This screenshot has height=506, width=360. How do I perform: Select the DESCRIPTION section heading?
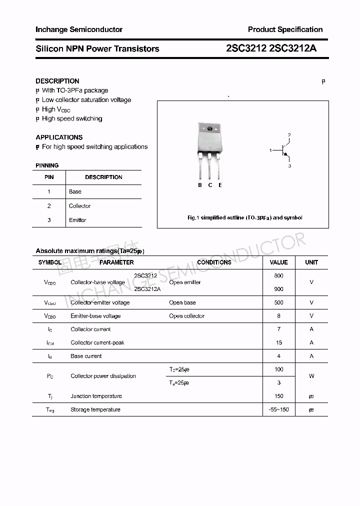(x=57, y=81)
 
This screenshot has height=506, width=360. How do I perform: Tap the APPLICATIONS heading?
(x=59, y=137)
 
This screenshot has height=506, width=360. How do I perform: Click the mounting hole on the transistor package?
(x=209, y=129)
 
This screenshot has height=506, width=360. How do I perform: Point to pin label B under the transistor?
(x=199, y=185)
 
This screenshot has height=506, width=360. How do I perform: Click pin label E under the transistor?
(x=220, y=185)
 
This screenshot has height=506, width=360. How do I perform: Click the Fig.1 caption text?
(x=244, y=218)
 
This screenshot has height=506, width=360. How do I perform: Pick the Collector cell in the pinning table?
(x=80, y=206)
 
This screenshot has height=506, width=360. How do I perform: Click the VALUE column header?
(x=278, y=262)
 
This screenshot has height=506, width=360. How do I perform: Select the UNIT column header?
(x=311, y=262)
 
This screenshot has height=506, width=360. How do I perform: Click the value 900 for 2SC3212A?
(x=278, y=289)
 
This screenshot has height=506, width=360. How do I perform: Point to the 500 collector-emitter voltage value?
(x=278, y=302)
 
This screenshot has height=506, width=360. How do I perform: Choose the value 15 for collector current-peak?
(x=278, y=342)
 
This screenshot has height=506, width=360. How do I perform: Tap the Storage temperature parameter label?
(x=95, y=409)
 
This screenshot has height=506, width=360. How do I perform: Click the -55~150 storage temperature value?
(x=278, y=409)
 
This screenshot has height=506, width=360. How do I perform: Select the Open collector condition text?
(x=186, y=316)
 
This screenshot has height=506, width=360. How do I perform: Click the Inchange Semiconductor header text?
(x=79, y=29)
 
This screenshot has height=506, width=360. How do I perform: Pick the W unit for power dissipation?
(x=311, y=376)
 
